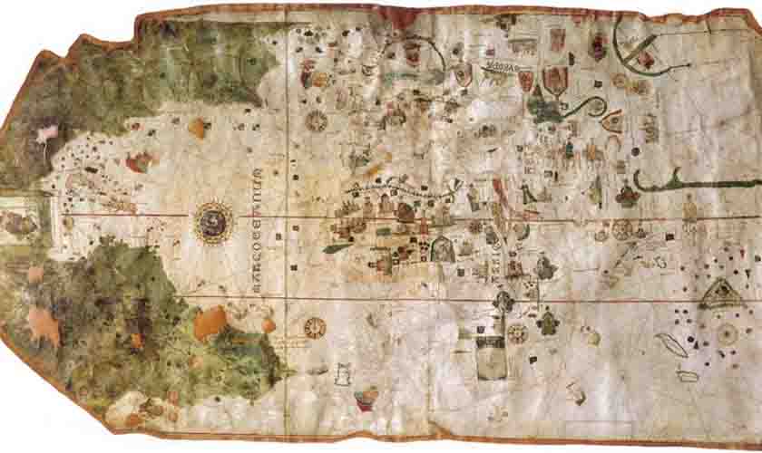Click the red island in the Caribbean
[138, 162]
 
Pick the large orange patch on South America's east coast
[210, 321]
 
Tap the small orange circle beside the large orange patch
[269, 323]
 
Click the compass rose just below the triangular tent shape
[727, 333]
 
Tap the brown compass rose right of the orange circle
[315, 325]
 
